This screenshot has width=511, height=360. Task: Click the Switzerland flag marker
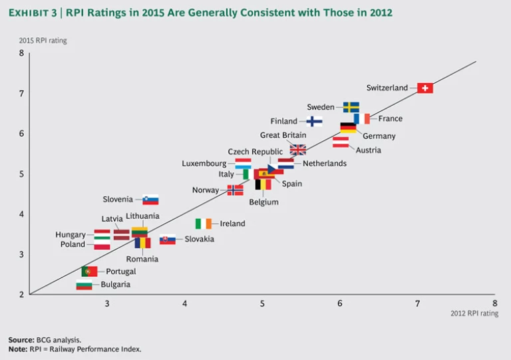(x=425, y=88)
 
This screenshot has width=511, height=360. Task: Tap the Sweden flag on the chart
(x=351, y=107)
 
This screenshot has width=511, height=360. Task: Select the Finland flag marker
(x=315, y=121)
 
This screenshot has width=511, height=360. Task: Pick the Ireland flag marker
(x=203, y=224)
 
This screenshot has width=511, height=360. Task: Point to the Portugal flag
(x=89, y=271)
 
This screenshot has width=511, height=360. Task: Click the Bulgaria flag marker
(x=84, y=285)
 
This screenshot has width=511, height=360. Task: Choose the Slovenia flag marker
(x=150, y=200)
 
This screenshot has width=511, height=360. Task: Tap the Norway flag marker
(x=235, y=190)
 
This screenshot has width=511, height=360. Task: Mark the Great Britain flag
(x=297, y=149)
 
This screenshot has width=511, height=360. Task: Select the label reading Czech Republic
(x=255, y=152)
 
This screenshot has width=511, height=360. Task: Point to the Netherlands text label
(x=325, y=164)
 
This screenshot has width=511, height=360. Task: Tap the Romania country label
(x=142, y=259)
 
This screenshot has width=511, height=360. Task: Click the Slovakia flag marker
(x=168, y=240)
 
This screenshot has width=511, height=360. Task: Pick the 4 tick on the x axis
(x=184, y=303)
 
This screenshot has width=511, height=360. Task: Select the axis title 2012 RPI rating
(x=474, y=313)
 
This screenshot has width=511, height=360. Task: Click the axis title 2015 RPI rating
(x=43, y=41)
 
